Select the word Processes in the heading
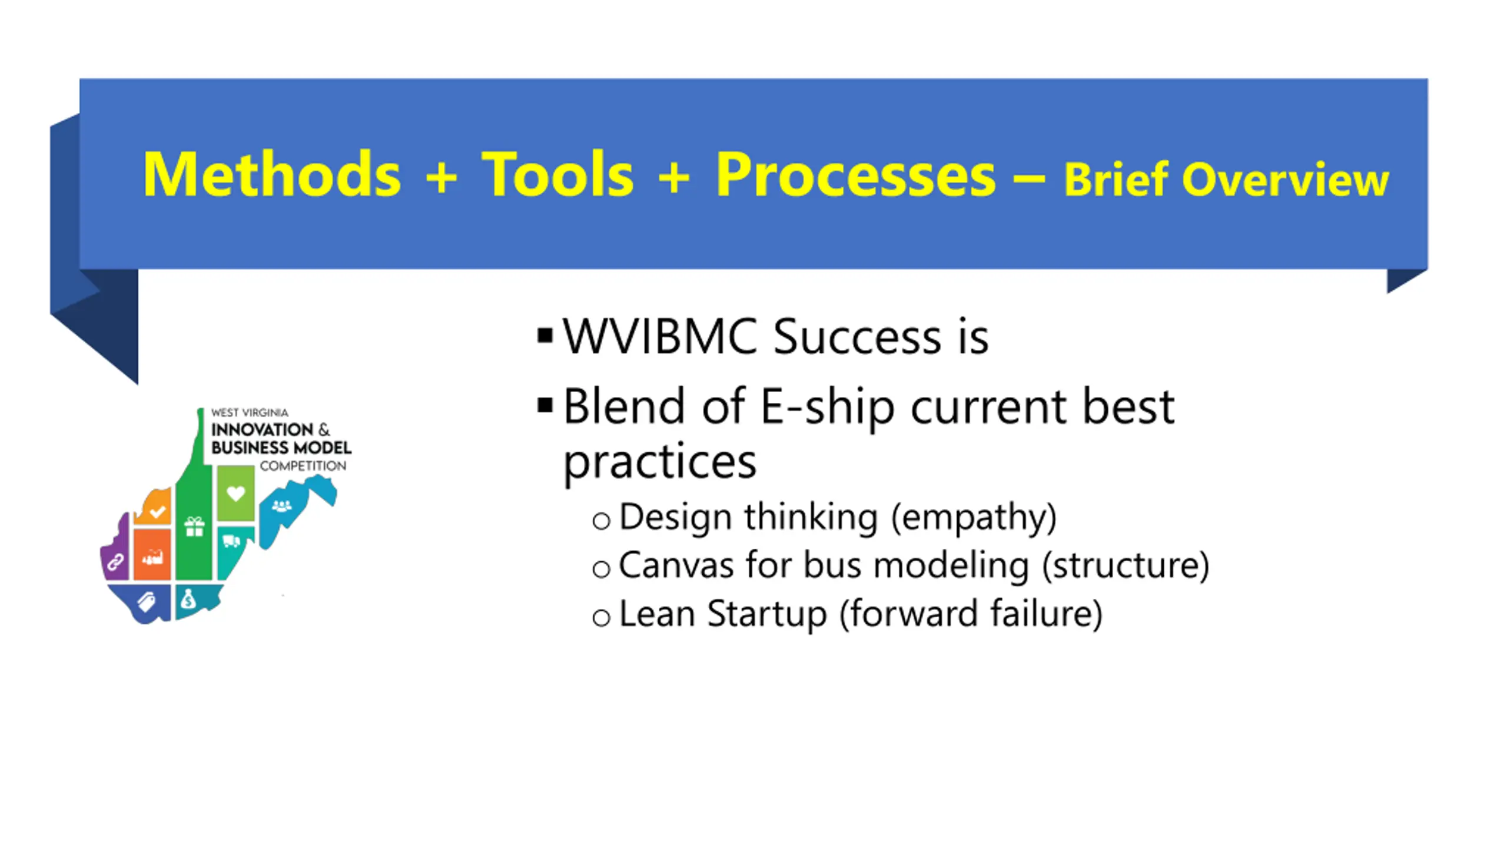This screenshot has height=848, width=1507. (855, 175)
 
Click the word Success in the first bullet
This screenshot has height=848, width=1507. (857, 336)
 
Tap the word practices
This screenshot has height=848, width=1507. (659, 462)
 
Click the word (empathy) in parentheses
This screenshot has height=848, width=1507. (974, 518)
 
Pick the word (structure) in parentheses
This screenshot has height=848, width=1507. (1125, 566)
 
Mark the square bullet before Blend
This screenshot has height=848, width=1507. (545, 406)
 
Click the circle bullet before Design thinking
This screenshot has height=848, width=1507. (601, 521)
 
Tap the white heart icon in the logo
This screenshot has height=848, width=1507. (235, 493)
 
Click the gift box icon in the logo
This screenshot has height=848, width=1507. (194, 526)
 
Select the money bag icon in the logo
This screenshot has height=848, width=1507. (188, 599)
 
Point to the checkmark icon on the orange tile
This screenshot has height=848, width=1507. (157, 511)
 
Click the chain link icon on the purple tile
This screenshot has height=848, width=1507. (115, 562)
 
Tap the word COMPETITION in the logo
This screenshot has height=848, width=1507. (303, 466)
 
